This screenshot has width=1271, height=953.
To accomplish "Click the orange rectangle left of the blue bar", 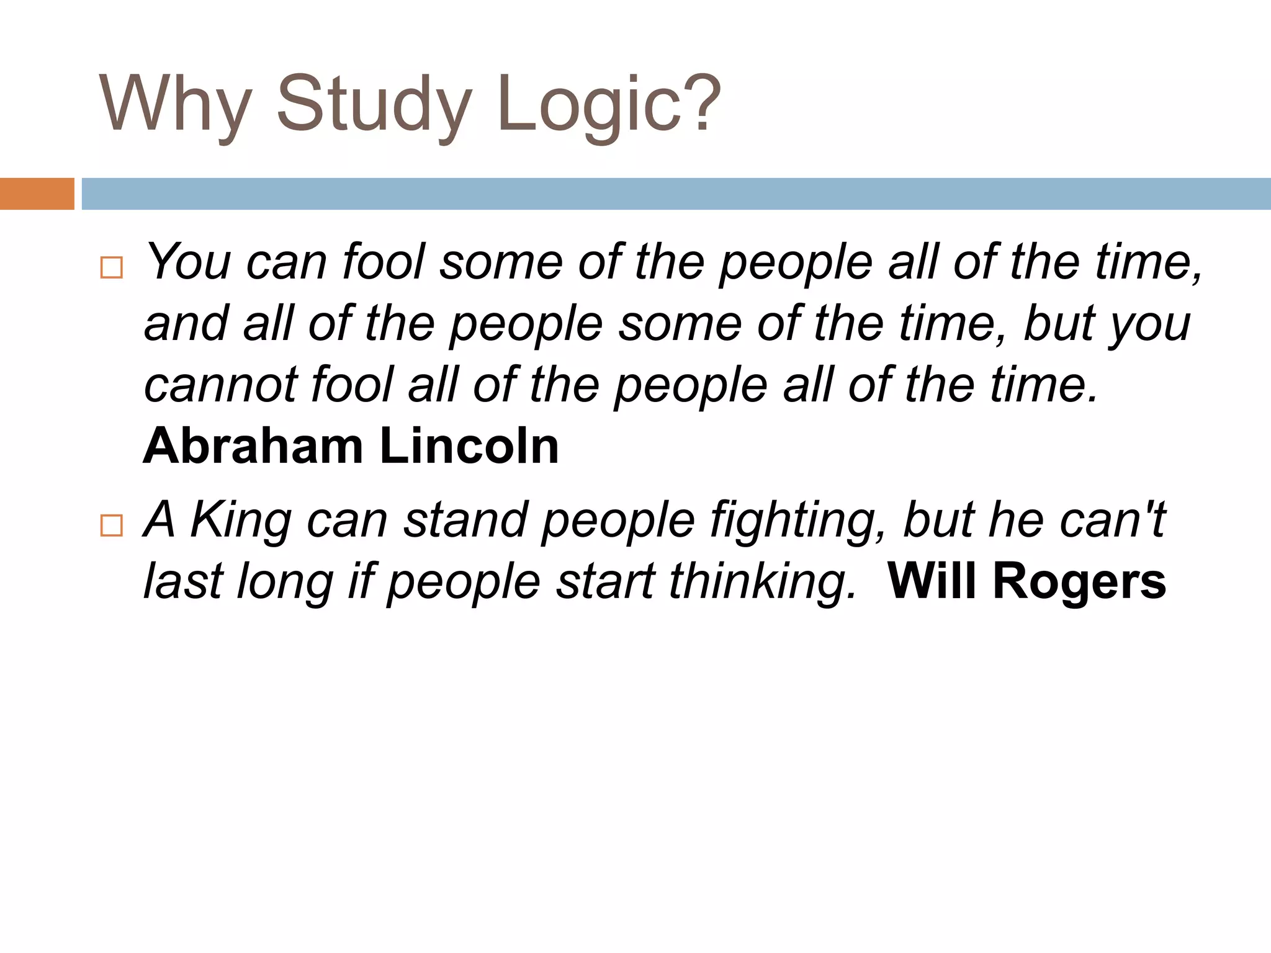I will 37,194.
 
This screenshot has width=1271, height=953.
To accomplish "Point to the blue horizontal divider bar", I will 676,194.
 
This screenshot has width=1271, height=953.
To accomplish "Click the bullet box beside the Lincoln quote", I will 112,268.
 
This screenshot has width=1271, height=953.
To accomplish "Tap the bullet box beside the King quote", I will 112,526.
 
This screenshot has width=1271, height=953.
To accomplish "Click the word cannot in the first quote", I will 221,385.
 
